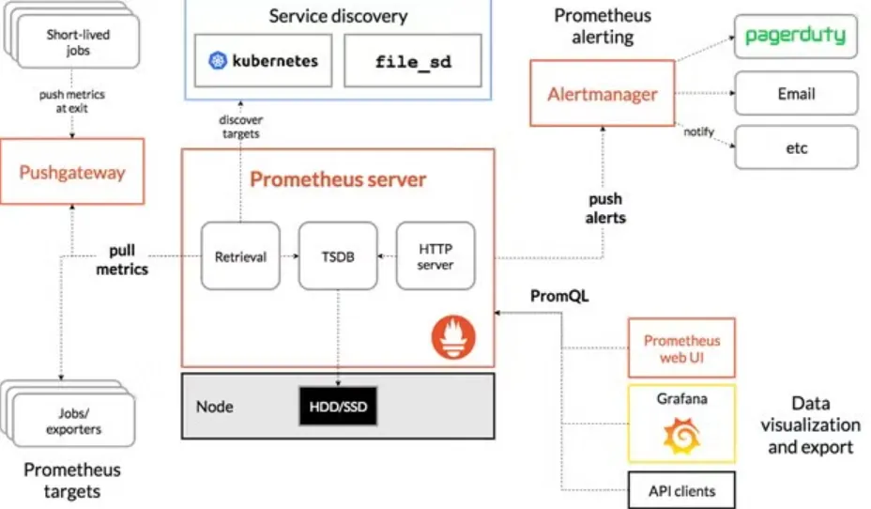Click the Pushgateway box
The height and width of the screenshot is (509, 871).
coord(72,172)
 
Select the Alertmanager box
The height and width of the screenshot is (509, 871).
coord(602,94)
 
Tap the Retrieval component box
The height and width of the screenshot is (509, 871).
coord(240,256)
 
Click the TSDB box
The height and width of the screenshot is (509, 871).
coord(337,256)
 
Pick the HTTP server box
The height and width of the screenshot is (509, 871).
coord(435,256)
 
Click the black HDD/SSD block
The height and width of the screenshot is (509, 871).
coord(338,407)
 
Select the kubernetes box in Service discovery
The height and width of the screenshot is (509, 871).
coord(263,62)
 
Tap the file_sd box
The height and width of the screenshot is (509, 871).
coord(413,62)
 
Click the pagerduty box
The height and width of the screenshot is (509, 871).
coord(795,38)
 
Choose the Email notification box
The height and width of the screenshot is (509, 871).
coord(796,94)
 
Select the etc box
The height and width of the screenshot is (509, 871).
coord(796,147)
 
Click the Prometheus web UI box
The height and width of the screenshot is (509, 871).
coord(681,347)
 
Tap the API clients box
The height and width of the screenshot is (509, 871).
coord(681,490)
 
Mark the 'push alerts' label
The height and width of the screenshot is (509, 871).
coord(605,208)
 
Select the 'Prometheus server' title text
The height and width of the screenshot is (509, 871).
coord(338,178)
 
